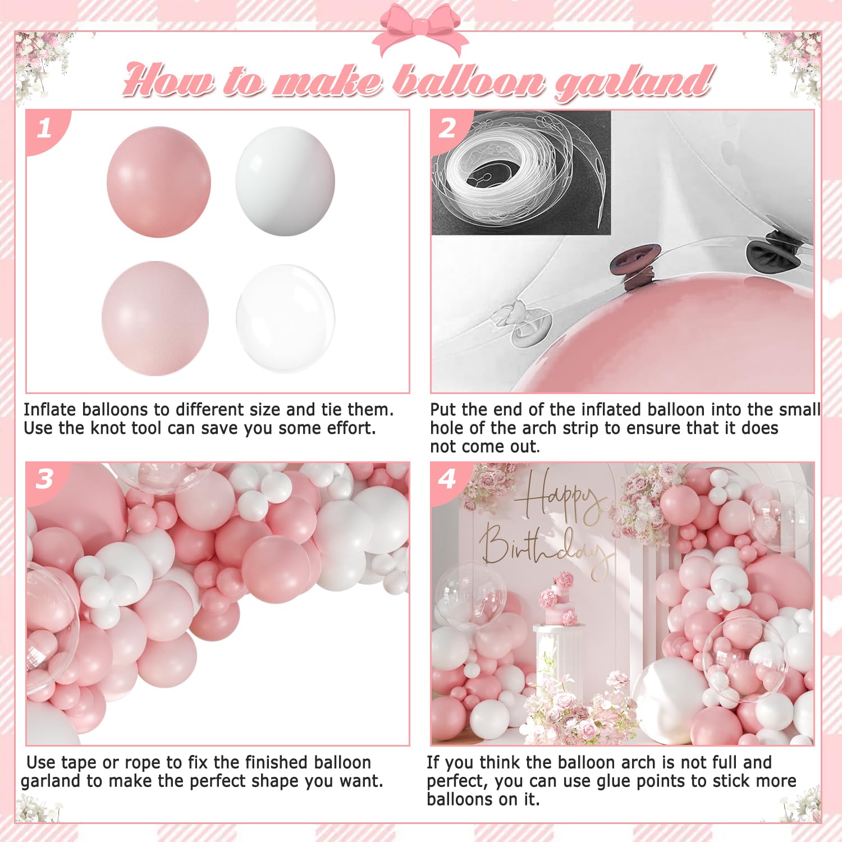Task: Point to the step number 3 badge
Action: click(x=45, y=479)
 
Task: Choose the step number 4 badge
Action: click(x=448, y=479)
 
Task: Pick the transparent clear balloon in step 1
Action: click(x=286, y=318)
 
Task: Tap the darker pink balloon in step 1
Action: click(x=159, y=182)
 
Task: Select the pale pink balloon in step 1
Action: click(x=155, y=318)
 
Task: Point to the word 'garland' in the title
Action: click(x=633, y=82)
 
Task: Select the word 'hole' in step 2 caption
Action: click(x=447, y=428)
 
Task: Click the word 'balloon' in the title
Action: click(x=469, y=80)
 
